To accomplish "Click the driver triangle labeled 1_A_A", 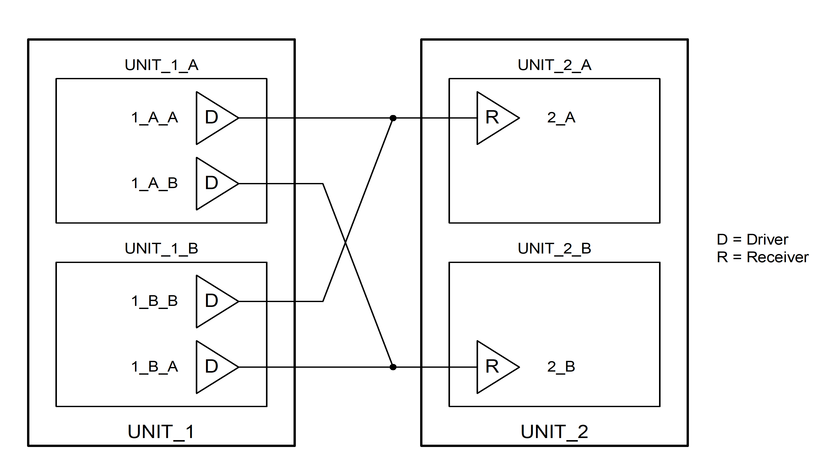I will [214, 118].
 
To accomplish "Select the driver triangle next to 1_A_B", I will [214, 183].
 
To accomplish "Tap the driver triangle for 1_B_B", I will [214, 301].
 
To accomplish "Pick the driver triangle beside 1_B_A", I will [214, 367].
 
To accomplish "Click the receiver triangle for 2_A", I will [494, 118].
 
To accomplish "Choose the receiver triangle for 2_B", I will [494, 367].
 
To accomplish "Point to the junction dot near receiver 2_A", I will [393, 118].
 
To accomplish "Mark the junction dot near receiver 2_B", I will [393, 367].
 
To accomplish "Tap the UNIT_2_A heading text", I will [554, 65].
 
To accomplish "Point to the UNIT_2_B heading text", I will [554, 248].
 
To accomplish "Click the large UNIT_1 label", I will [161, 432].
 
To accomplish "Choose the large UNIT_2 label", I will [554, 432].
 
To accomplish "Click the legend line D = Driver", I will [752, 239].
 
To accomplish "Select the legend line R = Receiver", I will [762, 257].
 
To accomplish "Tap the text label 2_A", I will [561, 118].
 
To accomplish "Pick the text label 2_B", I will [561, 366].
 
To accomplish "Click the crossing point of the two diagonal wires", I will [346, 243].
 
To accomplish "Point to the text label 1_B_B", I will [154, 301].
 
